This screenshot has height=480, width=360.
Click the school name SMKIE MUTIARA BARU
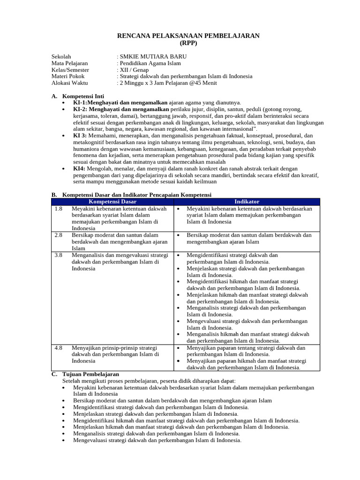click(150, 57)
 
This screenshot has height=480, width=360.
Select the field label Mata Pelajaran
click(69, 63)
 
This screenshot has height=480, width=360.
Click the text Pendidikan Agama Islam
click(150, 63)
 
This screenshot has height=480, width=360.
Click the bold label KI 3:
click(80, 135)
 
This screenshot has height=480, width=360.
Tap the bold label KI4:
click(79, 168)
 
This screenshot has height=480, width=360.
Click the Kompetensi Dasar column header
click(112, 202)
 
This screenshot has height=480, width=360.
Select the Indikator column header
click(247, 202)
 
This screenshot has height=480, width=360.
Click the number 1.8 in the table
click(58, 209)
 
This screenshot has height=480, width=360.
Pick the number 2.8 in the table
click(58, 235)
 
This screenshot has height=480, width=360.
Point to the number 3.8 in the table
click(58, 255)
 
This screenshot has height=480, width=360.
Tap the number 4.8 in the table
click(58, 348)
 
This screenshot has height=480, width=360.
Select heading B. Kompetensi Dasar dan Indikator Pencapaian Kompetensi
click(131, 195)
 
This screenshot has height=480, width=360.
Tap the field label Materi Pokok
click(68, 76)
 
